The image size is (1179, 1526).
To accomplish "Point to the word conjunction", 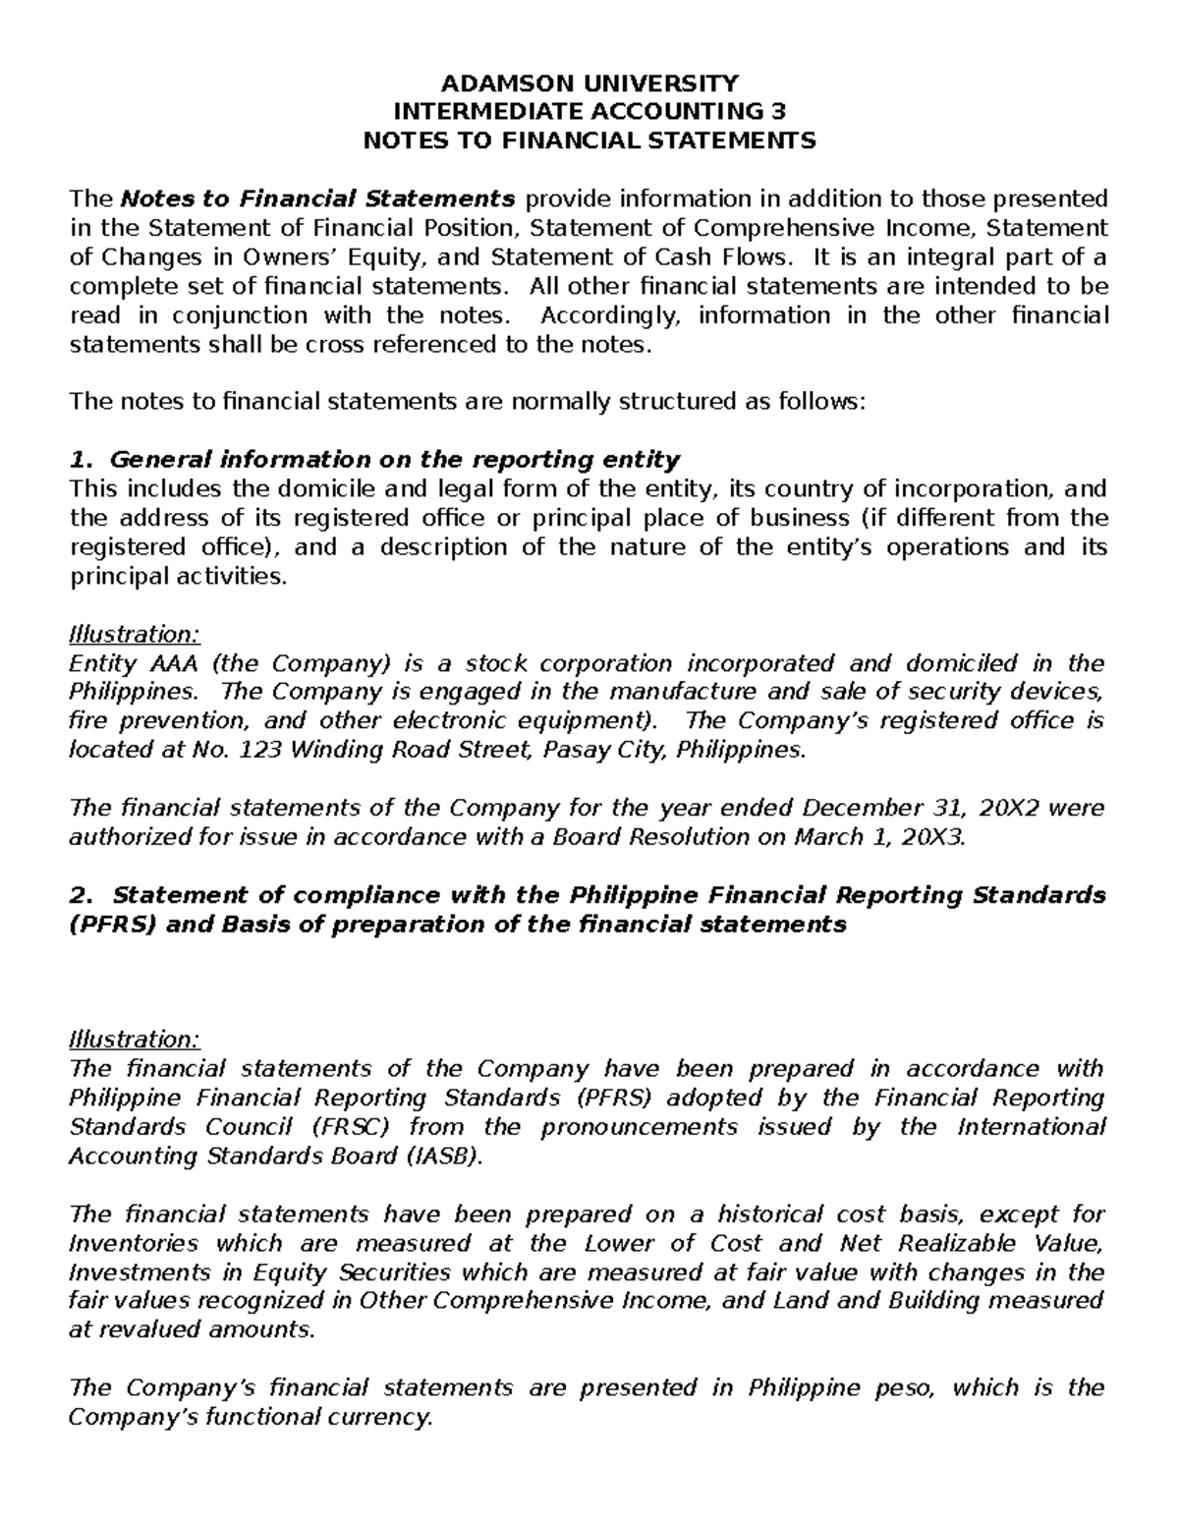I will click(x=256, y=315).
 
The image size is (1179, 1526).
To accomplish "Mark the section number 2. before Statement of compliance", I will click(x=82, y=895).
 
